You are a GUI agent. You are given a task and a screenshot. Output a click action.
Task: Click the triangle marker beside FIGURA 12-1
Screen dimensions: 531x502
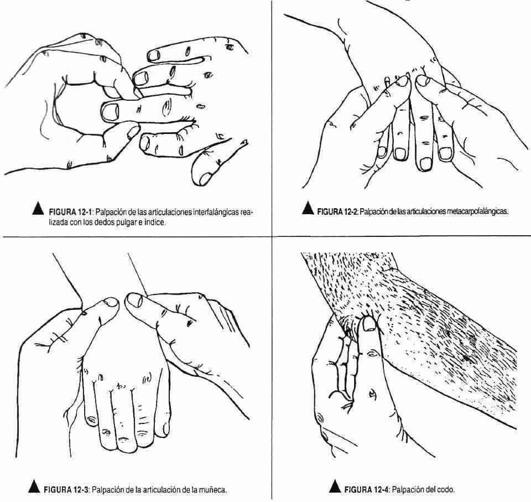pos(38,209)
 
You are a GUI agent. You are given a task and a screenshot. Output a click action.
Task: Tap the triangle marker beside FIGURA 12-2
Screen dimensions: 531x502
pos(308,208)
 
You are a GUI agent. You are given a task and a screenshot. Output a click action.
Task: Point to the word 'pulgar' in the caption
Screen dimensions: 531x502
pos(125,223)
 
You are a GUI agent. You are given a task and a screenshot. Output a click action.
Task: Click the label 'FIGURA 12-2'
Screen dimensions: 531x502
pos(337,212)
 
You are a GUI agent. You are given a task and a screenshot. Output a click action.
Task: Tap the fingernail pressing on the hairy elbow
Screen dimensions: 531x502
pos(368,323)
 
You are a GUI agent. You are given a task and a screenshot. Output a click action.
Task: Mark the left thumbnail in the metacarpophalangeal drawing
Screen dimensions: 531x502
pos(402,81)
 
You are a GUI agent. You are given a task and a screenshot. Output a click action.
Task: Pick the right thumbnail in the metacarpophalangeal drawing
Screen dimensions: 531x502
pos(422,80)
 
